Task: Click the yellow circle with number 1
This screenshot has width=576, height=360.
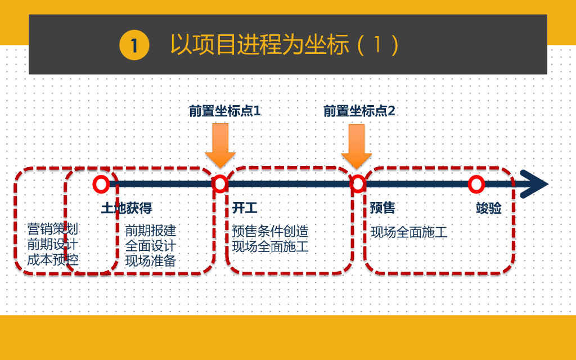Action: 134,45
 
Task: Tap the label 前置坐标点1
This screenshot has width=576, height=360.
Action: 224,111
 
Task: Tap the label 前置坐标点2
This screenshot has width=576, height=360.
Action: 359,111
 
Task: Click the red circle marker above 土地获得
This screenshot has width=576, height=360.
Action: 101,184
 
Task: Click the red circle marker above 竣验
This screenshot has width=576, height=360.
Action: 476,184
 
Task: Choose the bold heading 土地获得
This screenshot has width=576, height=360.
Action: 127,209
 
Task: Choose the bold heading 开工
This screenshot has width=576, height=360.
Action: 245,209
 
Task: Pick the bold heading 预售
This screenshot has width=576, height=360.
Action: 382,209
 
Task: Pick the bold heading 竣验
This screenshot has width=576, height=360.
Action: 488,209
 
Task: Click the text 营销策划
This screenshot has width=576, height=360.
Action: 53,229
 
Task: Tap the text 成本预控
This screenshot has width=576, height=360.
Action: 53,259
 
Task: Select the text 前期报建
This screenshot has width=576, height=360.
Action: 150,231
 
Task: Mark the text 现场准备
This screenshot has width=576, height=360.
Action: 150,261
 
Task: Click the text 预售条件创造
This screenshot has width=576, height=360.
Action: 270,231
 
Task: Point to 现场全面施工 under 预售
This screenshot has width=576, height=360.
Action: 409,232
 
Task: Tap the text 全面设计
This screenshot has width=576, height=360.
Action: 150,246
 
